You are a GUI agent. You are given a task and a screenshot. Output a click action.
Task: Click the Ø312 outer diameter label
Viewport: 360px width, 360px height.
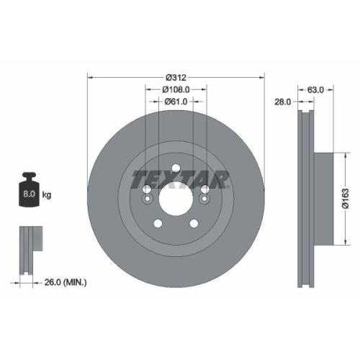(x=176, y=77)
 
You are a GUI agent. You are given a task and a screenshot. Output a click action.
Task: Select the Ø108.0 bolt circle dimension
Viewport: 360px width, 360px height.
(x=176, y=89)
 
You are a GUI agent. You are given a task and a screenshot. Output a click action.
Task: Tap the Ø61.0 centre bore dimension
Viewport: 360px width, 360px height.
(x=176, y=102)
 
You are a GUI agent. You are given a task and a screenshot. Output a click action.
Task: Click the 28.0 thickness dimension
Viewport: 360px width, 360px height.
(x=282, y=102)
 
